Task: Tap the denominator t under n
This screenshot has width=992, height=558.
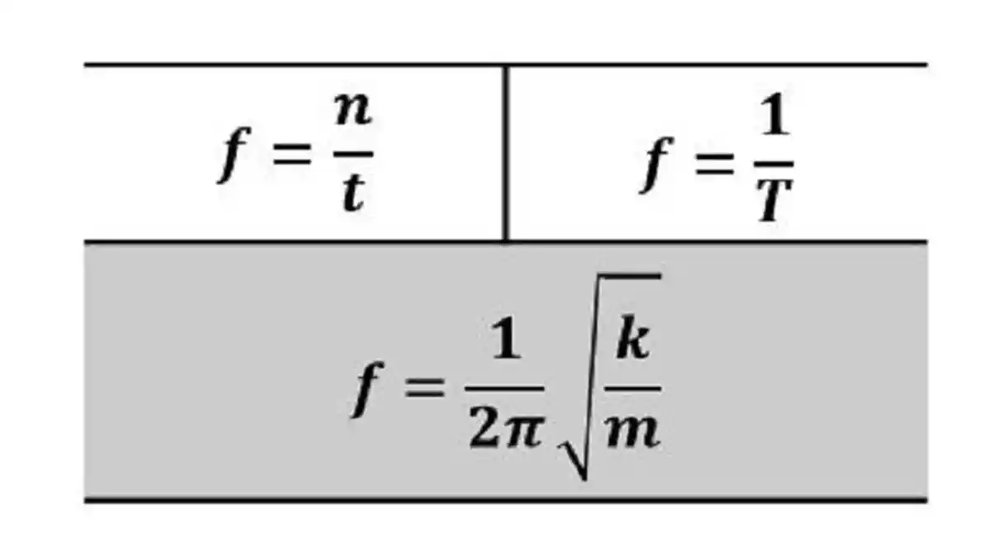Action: point(354,193)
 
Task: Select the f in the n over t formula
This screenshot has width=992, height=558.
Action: point(234,154)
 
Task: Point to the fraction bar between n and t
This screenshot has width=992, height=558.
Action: point(354,155)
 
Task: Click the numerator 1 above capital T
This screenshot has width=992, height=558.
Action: point(774,113)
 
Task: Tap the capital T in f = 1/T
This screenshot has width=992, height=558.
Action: point(774,201)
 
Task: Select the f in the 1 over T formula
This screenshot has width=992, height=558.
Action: point(656,165)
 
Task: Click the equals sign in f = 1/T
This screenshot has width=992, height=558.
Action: point(714,165)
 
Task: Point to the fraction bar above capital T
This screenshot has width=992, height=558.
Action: point(774,165)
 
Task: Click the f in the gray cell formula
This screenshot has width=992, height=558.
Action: point(368,389)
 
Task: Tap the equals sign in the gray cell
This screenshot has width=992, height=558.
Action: point(424,388)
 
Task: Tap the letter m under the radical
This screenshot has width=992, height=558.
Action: point(633,432)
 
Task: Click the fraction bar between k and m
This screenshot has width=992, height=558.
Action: point(633,389)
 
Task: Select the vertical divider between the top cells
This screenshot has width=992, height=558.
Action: point(506,153)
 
